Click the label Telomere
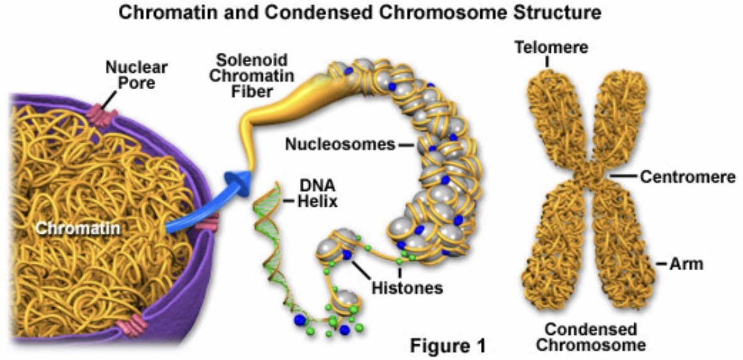(x=551, y=47)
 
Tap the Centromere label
(x=687, y=177)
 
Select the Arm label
(x=687, y=264)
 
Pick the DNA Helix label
(x=315, y=195)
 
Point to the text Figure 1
(x=448, y=345)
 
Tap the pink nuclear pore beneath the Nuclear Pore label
(x=104, y=117)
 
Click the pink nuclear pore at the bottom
(x=130, y=326)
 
